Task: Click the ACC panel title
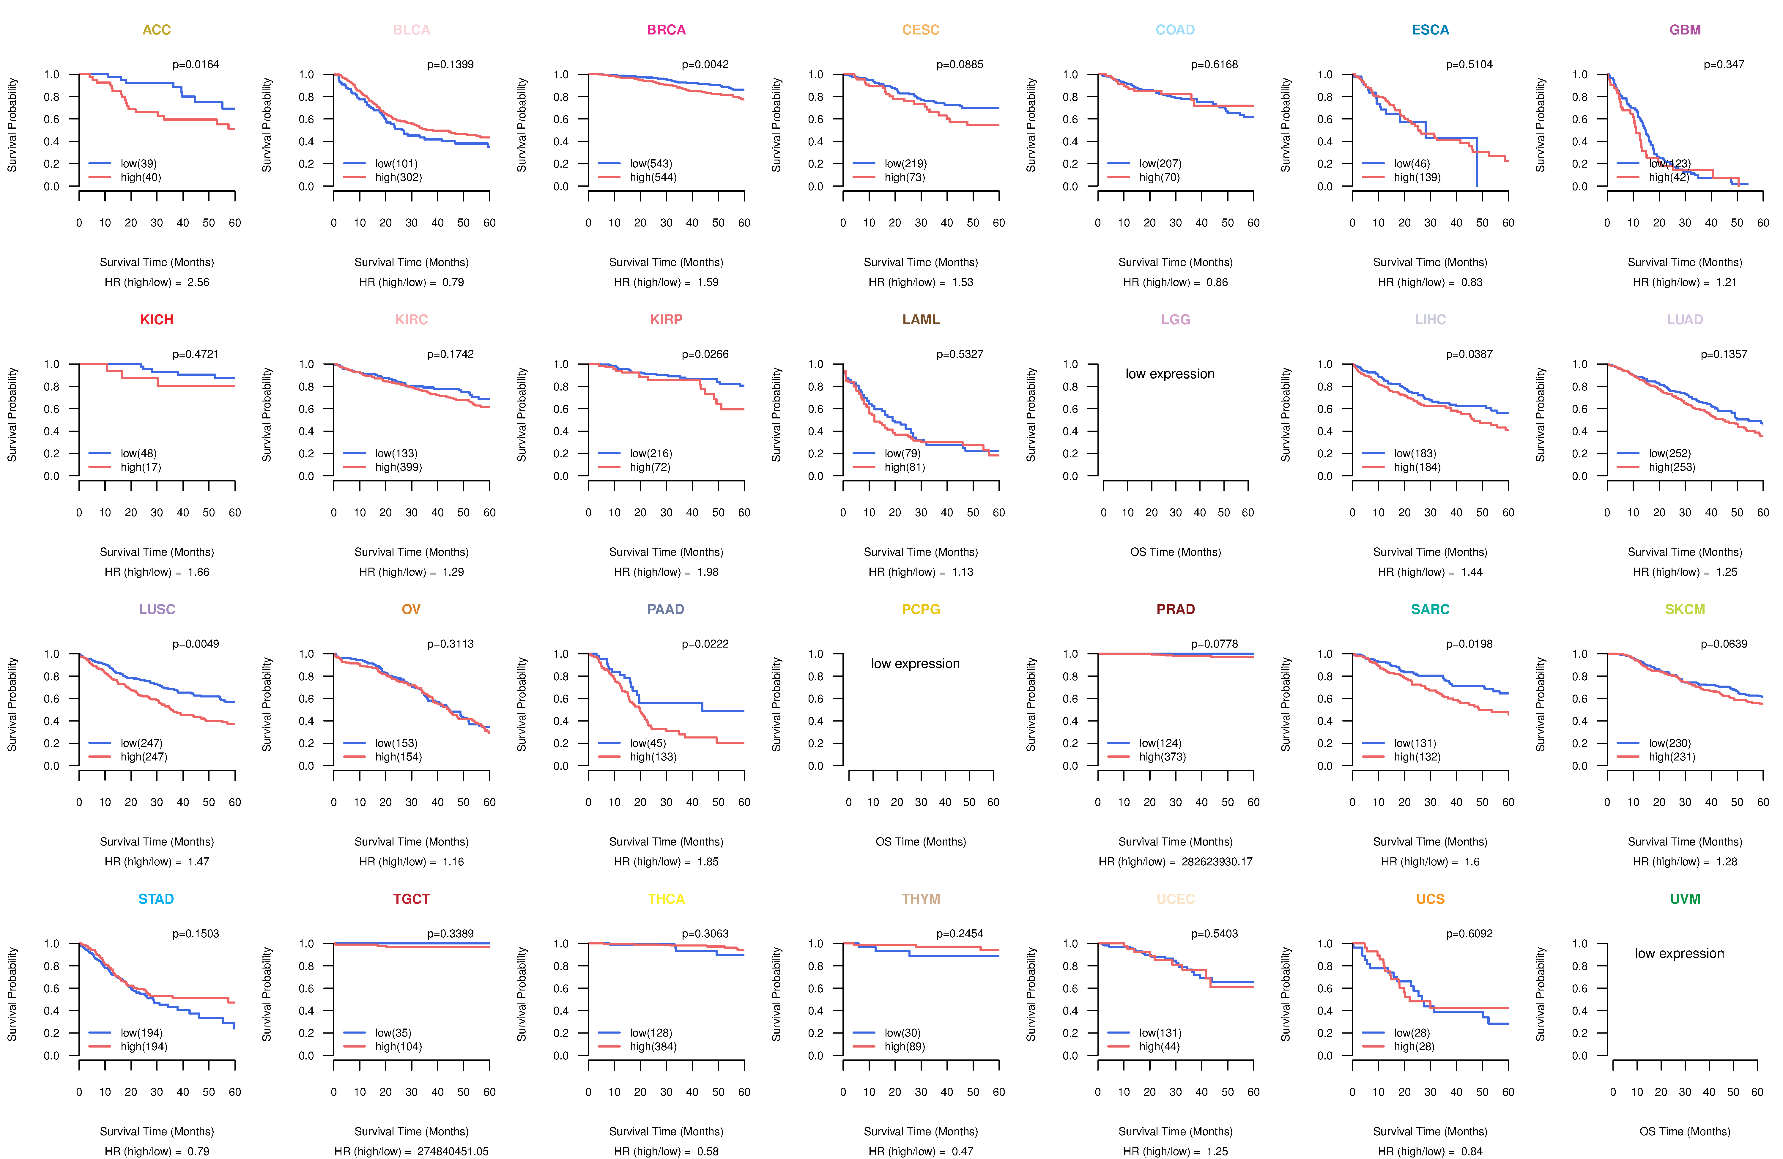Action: pyautogui.click(x=157, y=30)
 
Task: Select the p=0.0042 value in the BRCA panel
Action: pyautogui.click(x=705, y=64)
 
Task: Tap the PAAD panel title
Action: pyautogui.click(x=665, y=609)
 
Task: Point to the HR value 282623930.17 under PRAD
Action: pyautogui.click(x=1217, y=862)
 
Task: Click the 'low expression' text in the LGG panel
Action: pyautogui.click(x=1169, y=374)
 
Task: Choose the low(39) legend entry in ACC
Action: pyautogui.click(x=138, y=163)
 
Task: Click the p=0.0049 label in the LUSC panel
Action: pyautogui.click(x=196, y=644)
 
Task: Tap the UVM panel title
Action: pyautogui.click(x=1685, y=899)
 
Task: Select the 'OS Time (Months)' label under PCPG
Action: pyautogui.click(x=921, y=841)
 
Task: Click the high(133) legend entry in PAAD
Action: pyautogui.click(x=653, y=757)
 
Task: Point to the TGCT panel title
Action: pyautogui.click(x=411, y=899)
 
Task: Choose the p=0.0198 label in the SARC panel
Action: pyautogui.click(x=1469, y=644)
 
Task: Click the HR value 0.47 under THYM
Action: pyautogui.click(x=963, y=1152)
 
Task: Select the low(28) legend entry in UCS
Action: pyautogui.click(x=1412, y=1032)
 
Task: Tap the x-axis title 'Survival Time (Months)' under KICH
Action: pyautogui.click(x=157, y=552)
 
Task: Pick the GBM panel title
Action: pyautogui.click(x=1685, y=30)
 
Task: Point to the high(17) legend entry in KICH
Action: pyautogui.click(x=140, y=467)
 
